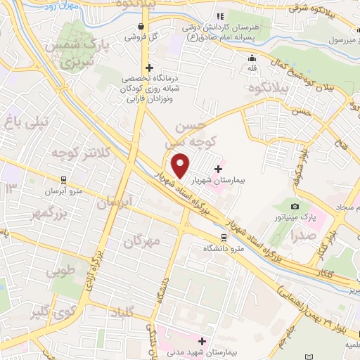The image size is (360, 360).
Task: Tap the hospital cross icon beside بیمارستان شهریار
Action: coord(219,169)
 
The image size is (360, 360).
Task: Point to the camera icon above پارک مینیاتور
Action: coord(295,206)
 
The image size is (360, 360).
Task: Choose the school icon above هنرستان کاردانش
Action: coord(220,15)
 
